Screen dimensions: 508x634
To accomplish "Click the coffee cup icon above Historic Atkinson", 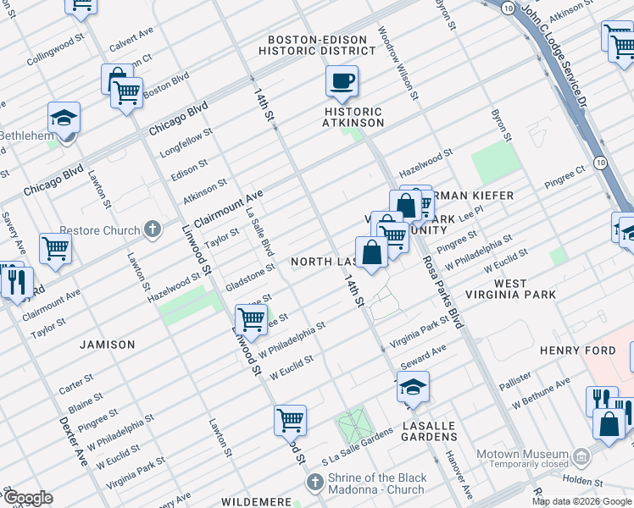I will [342, 81].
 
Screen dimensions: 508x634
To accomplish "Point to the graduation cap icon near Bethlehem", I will [64, 118].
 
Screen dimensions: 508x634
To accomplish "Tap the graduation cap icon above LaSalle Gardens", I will [413, 387].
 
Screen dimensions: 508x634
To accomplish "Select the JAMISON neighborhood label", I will [108, 345].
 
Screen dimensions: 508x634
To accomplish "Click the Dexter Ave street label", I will [74, 440].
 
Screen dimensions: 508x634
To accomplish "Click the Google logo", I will [28, 498].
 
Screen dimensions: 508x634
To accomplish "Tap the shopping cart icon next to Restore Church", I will [55, 248].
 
